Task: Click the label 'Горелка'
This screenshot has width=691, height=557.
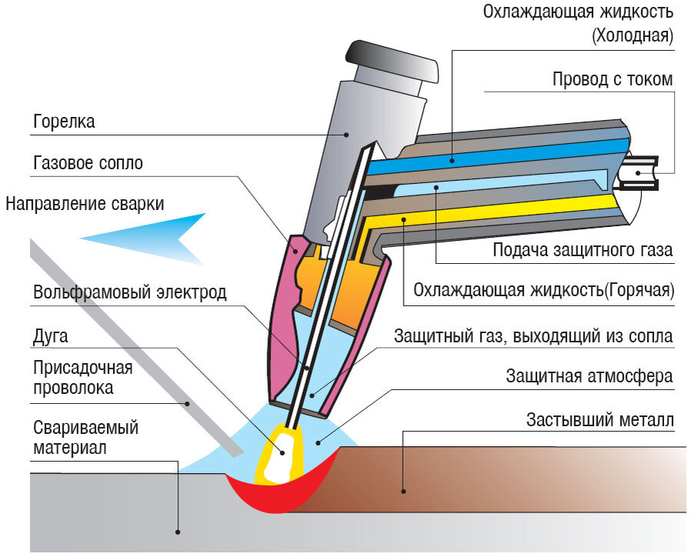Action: coord(65,122)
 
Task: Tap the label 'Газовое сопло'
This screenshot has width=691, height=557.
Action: coord(88,163)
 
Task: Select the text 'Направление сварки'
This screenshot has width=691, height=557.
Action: coord(85,204)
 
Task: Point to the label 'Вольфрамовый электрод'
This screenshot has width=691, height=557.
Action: coord(130,292)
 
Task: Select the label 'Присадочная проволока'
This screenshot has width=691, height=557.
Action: coord(83,377)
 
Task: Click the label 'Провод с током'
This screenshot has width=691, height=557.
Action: coord(612,79)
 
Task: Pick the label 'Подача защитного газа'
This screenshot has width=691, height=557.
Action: coord(582,250)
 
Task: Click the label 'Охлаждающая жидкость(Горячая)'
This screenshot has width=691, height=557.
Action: coord(543,290)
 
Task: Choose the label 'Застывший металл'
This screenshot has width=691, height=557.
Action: coord(600,420)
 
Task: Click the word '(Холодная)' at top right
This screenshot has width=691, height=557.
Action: coord(632,35)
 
